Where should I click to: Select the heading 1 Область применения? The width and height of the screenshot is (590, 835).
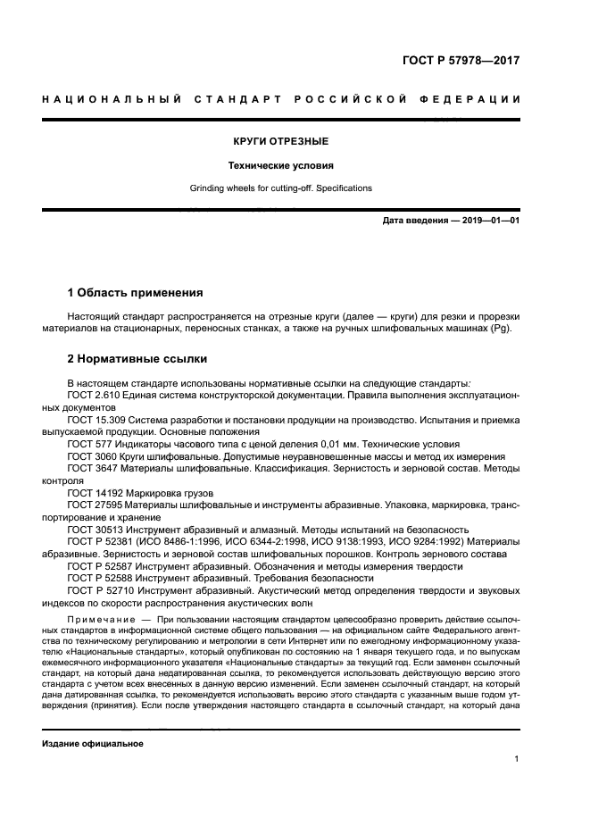click(136, 292)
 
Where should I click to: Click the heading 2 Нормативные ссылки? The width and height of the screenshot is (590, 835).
click(137, 359)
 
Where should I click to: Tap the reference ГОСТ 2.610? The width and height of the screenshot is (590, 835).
click(96, 395)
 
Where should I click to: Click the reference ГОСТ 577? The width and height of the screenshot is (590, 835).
click(92, 443)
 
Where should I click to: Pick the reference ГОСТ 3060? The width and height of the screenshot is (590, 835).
click(95, 455)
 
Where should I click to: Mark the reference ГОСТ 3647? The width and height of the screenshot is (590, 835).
click(95, 467)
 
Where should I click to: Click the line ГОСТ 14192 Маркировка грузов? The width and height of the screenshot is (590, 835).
click(141, 491)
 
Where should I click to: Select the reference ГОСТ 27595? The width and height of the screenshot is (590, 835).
click(97, 504)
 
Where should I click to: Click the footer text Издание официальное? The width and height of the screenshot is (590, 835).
click(94, 743)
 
